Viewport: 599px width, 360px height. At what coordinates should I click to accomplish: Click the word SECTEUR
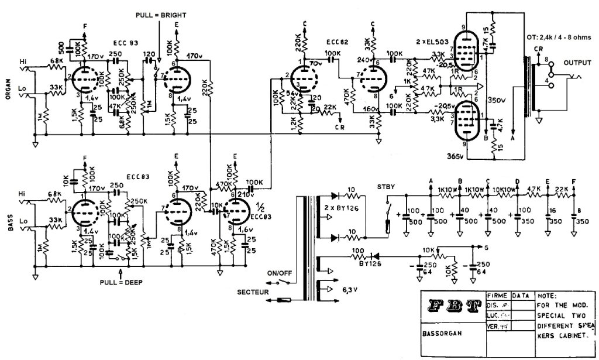click(253, 291)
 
